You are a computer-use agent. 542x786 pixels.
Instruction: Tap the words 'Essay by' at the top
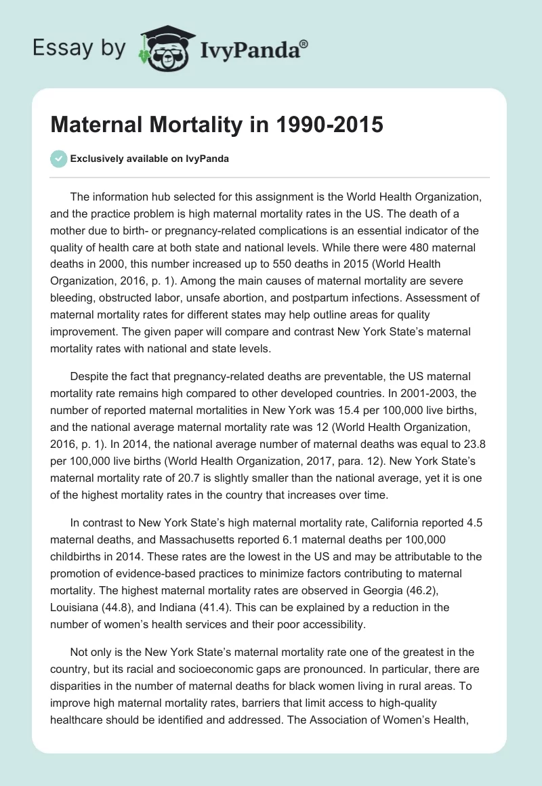(79, 48)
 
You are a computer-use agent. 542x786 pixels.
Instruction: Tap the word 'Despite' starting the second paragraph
(90, 376)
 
